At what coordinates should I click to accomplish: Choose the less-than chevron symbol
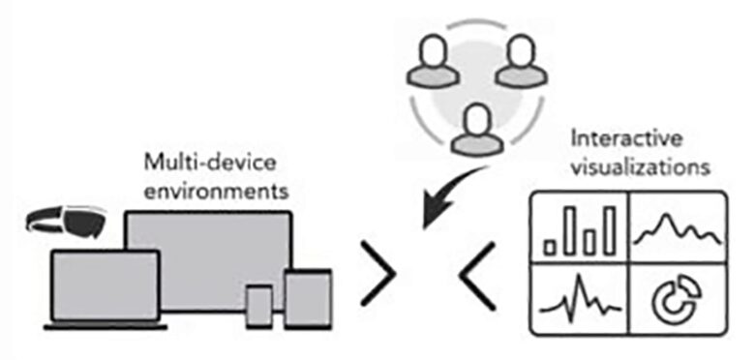click(x=479, y=276)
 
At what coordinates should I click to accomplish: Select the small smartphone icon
click(x=258, y=305)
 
